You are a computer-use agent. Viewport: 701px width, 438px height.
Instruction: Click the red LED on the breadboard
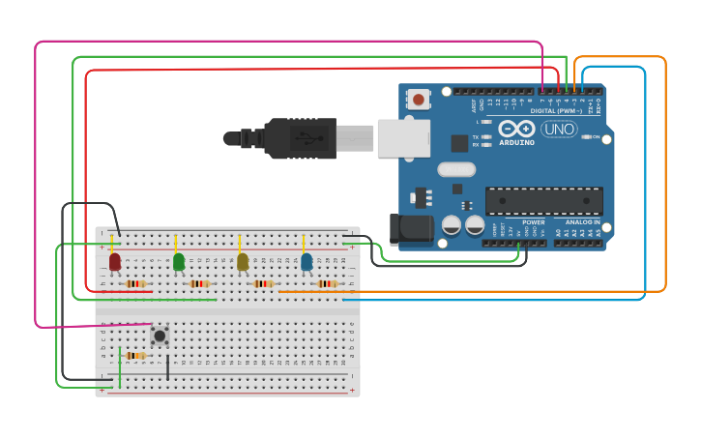[115, 261]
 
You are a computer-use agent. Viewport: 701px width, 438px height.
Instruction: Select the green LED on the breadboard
[179, 261]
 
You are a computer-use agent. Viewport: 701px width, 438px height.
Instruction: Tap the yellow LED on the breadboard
[243, 261]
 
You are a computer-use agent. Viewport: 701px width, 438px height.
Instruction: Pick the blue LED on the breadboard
[307, 261]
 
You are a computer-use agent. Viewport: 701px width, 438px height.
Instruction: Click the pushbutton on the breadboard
[160, 336]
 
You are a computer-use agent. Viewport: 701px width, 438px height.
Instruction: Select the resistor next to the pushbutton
[135, 356]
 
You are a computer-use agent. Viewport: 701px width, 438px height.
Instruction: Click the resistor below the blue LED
[327, 283]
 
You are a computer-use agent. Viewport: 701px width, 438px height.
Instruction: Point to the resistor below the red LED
[135, 283]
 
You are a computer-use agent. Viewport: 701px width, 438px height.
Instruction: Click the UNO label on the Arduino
[558, 129]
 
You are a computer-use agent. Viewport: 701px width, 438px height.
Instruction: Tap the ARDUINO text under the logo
[516, 142]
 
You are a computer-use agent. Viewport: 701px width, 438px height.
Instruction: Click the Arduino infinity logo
[516, 129]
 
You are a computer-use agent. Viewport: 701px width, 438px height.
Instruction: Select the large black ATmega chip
[543, 200]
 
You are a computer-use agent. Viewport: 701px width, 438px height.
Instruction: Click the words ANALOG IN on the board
[583, 222]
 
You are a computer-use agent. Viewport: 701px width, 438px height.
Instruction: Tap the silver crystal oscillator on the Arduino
[455, 170]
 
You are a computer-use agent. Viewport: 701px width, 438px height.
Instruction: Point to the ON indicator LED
[587, 136]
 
